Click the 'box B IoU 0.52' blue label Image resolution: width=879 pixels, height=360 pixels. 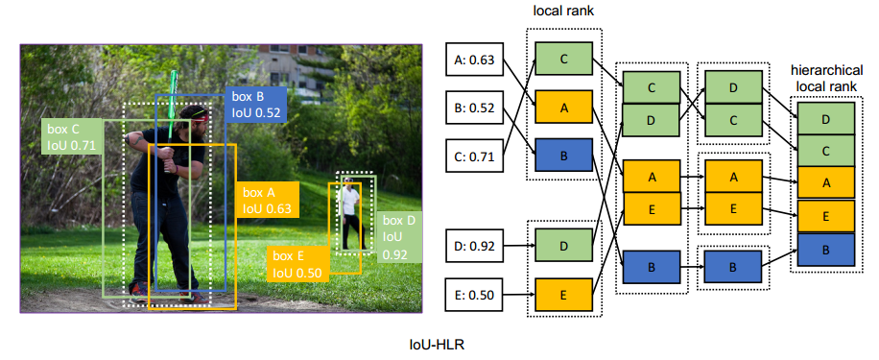coord(255,105)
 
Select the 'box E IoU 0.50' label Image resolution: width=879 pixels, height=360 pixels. coord(297,264)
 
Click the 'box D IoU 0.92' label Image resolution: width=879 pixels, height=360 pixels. coord(399,238)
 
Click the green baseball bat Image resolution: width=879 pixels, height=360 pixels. coord(171,119)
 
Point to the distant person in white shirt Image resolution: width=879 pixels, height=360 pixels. coord(350,213)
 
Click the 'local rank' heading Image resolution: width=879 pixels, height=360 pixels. coord(562,12)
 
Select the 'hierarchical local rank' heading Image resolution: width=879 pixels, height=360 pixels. coord(827,79)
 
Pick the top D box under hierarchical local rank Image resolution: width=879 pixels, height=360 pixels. coord(826,118)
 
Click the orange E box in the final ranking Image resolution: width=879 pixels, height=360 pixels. coord(826,216)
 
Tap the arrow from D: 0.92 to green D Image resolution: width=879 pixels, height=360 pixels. coord(519,245)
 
